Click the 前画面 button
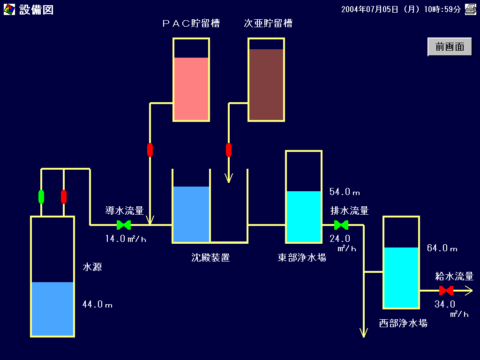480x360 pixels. point(450,47)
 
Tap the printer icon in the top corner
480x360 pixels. point(471,9)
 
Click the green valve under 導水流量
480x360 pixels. point(124,225)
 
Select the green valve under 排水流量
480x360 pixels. point(341,225)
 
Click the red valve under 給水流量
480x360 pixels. point(446,291)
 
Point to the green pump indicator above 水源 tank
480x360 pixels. point(41,197)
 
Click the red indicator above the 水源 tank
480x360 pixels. point(64,197)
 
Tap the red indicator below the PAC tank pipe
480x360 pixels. point(150,150)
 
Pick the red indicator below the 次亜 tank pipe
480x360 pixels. point(229,150)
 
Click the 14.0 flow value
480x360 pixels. point(115,239)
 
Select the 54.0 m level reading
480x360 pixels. point(345,192)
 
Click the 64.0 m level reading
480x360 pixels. point(442,248)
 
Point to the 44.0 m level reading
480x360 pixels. point(97,304)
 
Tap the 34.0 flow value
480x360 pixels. point(445,304)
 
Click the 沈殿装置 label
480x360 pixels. point(210,257)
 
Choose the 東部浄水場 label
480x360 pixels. point(302,257)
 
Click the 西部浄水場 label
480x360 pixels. point(403,323)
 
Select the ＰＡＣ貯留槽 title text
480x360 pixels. point(191,23)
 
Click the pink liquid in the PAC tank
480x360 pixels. point(191,89)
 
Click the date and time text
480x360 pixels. point(401,9)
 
